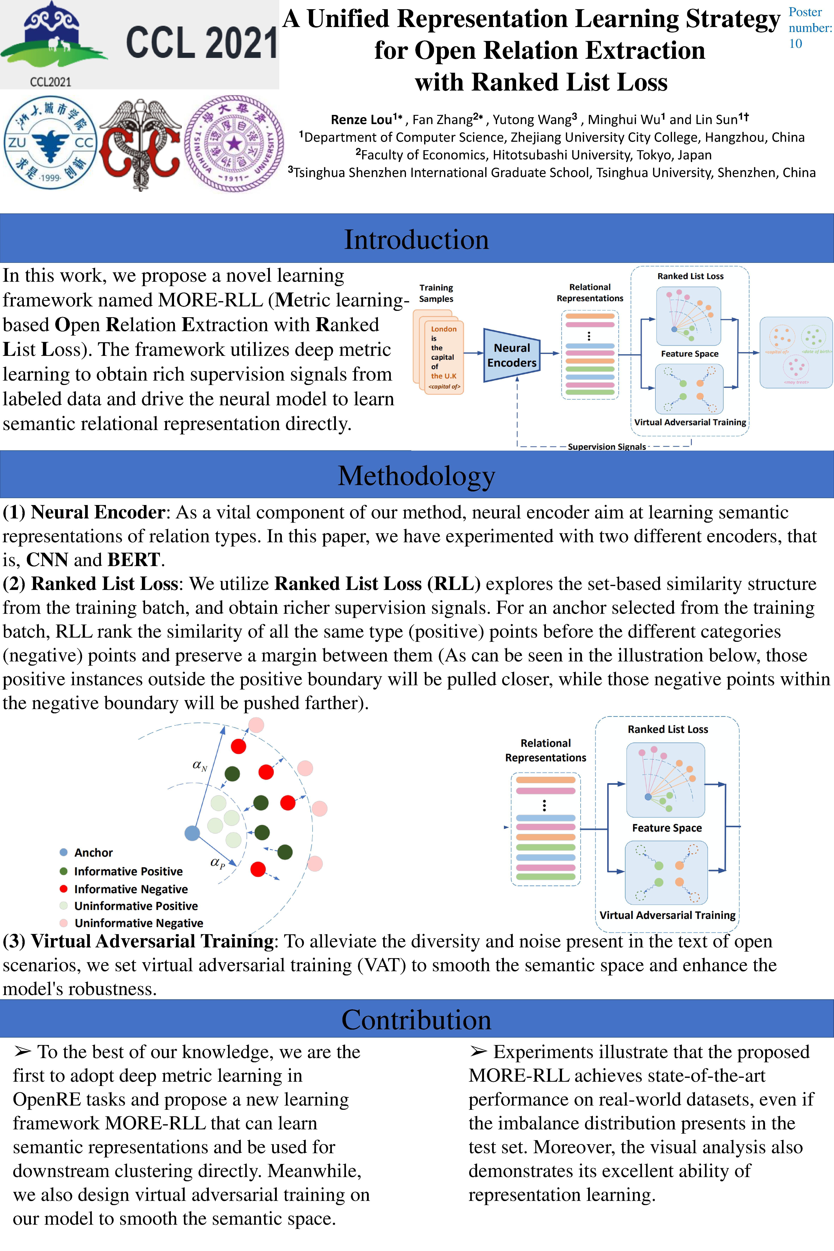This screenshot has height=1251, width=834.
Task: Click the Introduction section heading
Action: coord(416,239)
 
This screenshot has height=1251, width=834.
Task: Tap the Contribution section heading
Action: coord(416,1020)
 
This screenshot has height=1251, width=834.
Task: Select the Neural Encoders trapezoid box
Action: coord(512,355)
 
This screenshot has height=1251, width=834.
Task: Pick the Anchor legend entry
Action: coord(86,853)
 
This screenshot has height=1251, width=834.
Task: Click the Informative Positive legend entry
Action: coord(121,871)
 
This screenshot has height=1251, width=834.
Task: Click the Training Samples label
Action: coord(436,293)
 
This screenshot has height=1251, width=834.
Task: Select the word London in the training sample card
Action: coord(444,329)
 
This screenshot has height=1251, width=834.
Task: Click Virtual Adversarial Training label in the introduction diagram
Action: coord(690,422)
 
